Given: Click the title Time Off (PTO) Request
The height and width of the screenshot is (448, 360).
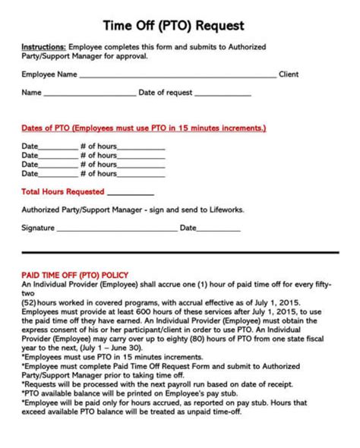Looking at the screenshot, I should tap(180, 25).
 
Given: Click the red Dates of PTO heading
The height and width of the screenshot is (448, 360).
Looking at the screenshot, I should tap(143, 128).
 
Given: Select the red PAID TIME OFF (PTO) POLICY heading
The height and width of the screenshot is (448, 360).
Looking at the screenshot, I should tap(74, 272).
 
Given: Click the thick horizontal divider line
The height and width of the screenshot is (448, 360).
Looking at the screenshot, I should tap(180, 254).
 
